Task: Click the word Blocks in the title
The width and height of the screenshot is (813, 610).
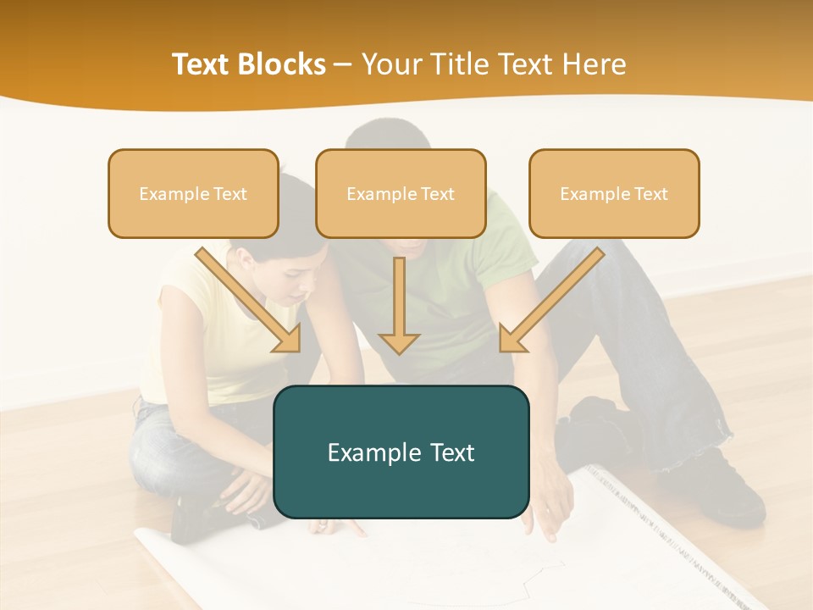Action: (x=284, y=64)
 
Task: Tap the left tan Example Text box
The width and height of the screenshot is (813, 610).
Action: (x=193, y=193)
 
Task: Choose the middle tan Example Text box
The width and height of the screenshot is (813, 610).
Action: (x=401, y=193)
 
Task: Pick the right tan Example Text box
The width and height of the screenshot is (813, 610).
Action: (x=614, y=193)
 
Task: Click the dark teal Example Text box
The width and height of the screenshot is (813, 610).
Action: (x=401, y=452)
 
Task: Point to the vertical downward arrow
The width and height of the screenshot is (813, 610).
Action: (x=399, y=305)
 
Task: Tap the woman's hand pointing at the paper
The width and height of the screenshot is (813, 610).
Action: (x=335, y=527)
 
